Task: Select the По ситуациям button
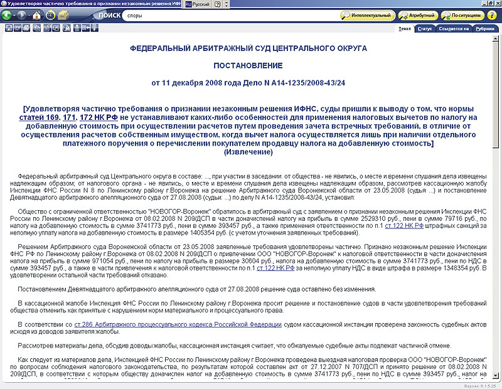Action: pos(462,15)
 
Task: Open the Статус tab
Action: pos(424,28)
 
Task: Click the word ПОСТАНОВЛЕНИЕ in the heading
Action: pos(248,65)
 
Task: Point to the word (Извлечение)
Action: pos(248,152)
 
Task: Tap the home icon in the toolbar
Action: pos(37,15)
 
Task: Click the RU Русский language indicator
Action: pos(196,4)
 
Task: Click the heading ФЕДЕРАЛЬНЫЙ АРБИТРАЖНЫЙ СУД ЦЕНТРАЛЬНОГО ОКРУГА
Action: pos(248,48)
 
